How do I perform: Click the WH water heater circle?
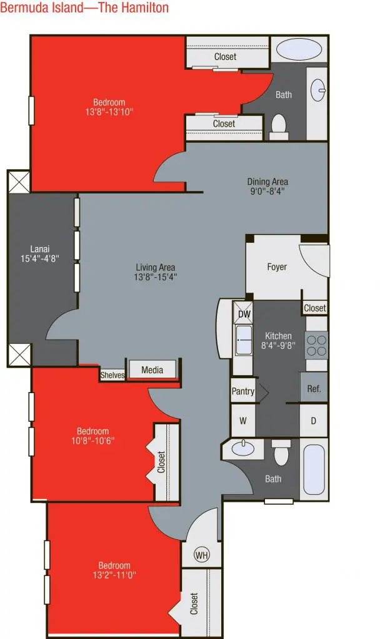point(202,555)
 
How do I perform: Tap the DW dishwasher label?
point(244,314)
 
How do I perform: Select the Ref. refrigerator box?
point(314,388)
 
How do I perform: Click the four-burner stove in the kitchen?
point(317,345)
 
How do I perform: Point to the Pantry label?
point(243,391)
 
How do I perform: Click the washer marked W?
point(243,421)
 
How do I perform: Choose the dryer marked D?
point(314,421)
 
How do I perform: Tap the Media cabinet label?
point(152,369)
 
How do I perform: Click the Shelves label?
point(112,375)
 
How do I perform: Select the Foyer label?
point(277,267)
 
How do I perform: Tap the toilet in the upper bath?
point(279,126)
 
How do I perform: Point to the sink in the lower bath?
point(243,448)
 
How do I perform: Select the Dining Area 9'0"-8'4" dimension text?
point(267,191)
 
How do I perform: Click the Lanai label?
point(40,248)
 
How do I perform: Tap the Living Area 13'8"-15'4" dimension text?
point(156,277)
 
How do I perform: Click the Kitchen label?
point(278,336)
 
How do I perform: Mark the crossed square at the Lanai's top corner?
point(19,182)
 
